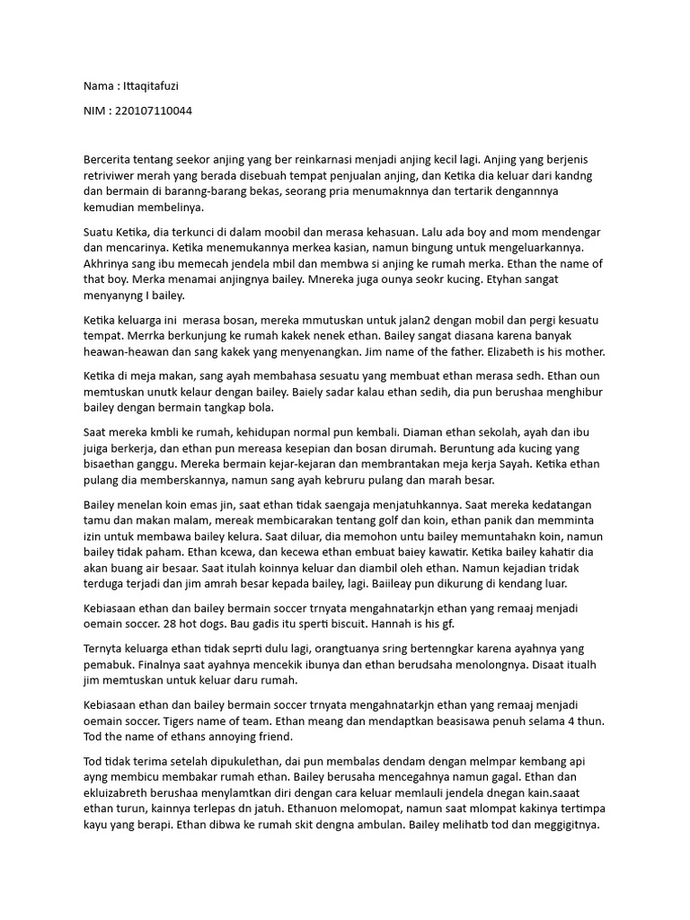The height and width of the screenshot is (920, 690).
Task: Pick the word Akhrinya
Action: click(x=110, y=263)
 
